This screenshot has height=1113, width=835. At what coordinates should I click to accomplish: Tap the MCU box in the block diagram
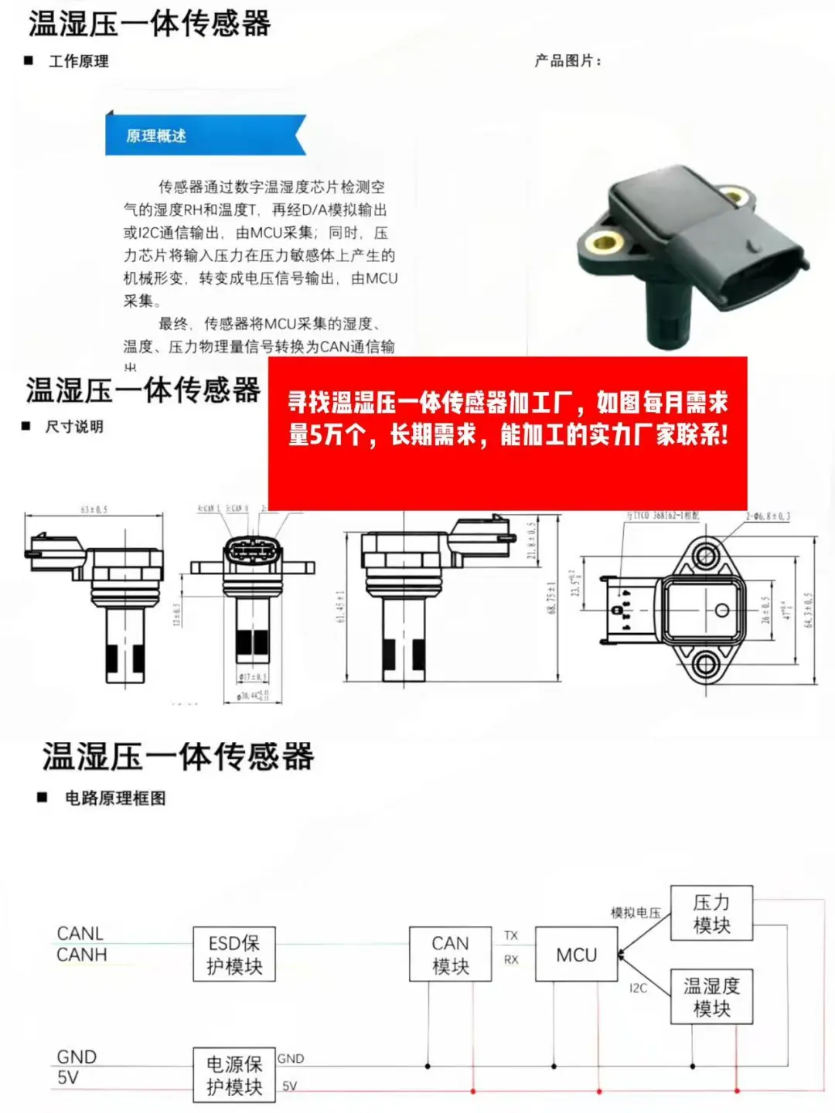[x=577, y=955]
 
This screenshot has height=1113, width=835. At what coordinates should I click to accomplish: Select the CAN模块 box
[x=450, y=955]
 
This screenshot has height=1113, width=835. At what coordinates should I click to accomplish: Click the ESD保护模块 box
[x=234, y=955]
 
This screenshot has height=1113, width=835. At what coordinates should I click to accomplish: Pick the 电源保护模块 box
[x=234, y=1075]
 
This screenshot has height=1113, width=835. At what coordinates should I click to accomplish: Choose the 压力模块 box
[x=711, y=914]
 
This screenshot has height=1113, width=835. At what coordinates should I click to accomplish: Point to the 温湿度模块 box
[x=711, y=997]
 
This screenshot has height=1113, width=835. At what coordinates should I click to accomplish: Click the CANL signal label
[x=80, y=934]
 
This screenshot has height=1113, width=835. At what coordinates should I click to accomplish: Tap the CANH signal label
[x=81, y=955]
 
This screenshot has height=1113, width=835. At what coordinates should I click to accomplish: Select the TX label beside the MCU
[x=511, y=935]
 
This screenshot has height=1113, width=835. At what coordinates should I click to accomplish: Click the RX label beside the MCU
[x=511, y=960]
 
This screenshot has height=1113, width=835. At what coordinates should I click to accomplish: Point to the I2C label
[x=638, y=988]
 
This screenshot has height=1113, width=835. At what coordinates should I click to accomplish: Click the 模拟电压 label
[x=636, y=913]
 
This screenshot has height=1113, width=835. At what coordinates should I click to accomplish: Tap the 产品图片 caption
[x=567, y=61]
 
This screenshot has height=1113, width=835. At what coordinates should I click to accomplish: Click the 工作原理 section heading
[x=78, y=62]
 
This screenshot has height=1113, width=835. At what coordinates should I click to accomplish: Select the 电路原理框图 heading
[x=115, y=798]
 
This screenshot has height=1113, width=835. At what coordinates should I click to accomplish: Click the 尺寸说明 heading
[x=74, y=427]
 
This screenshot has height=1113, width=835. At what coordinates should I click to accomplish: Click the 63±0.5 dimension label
[x=94, y=510]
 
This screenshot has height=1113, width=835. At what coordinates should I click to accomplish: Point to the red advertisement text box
[x=507, y=433]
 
